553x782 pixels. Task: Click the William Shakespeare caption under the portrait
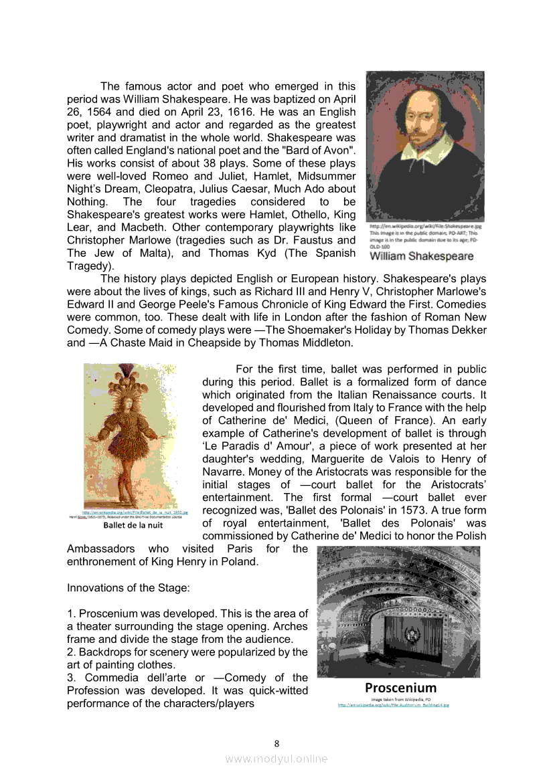[421, 256]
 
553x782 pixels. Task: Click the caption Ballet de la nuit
[133, 524]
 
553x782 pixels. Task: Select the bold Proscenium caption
[400, 688]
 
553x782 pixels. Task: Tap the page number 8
[276, 743]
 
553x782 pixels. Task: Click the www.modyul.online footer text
[276, 759]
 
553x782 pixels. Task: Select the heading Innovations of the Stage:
[129, 587]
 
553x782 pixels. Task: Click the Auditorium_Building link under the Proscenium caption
[393, 704]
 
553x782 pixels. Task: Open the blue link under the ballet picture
[135, 512]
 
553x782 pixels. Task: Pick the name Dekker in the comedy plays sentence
[469, 330]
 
